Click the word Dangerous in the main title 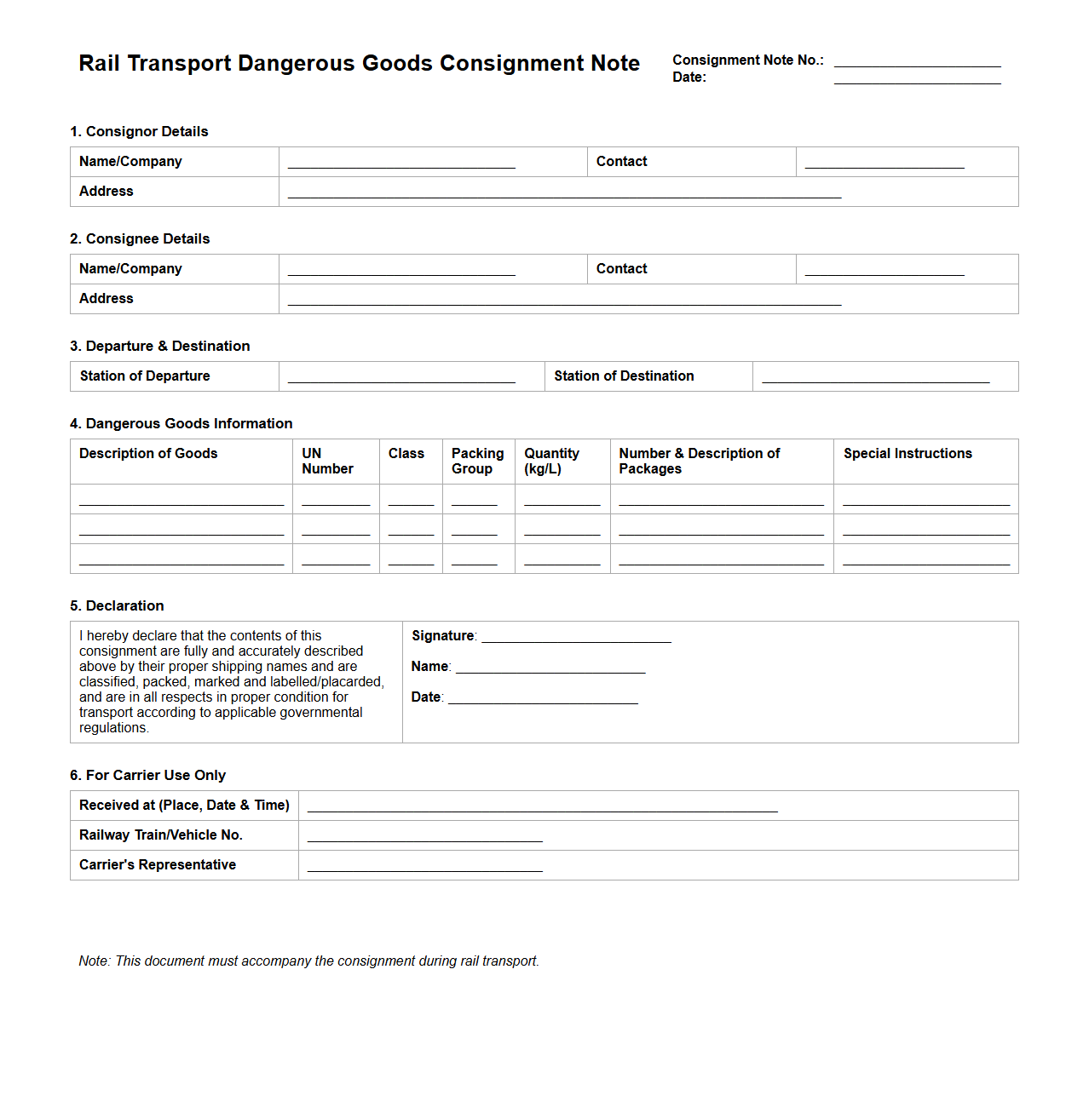click(296, 64)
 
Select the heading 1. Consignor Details click(139, 131)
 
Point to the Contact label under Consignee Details click(621, 269)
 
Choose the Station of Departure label click(145, 376)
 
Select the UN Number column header click(327, 461)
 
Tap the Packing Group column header click(477, 461)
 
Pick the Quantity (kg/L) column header click(551, 461)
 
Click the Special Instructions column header click(907, 454)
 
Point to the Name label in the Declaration click(429, 667)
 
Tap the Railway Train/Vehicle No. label click(161, 835)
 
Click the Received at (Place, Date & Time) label click(184, 806)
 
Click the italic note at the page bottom click(308, 961)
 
